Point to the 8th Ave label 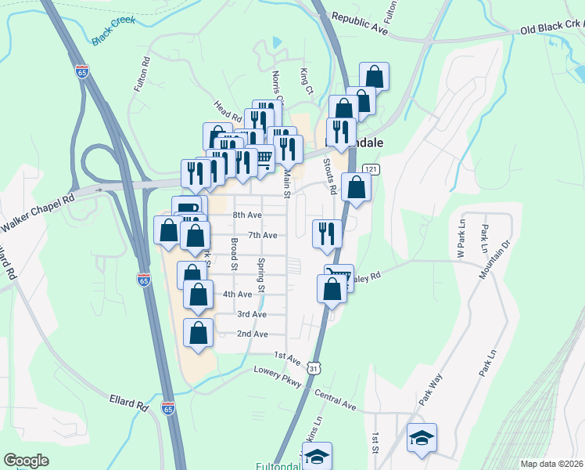(247, 215)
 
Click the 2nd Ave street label (253, 334)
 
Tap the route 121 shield (371, 170)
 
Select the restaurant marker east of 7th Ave (327, 233)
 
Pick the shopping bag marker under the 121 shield (356, 188)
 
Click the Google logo (27, 461)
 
